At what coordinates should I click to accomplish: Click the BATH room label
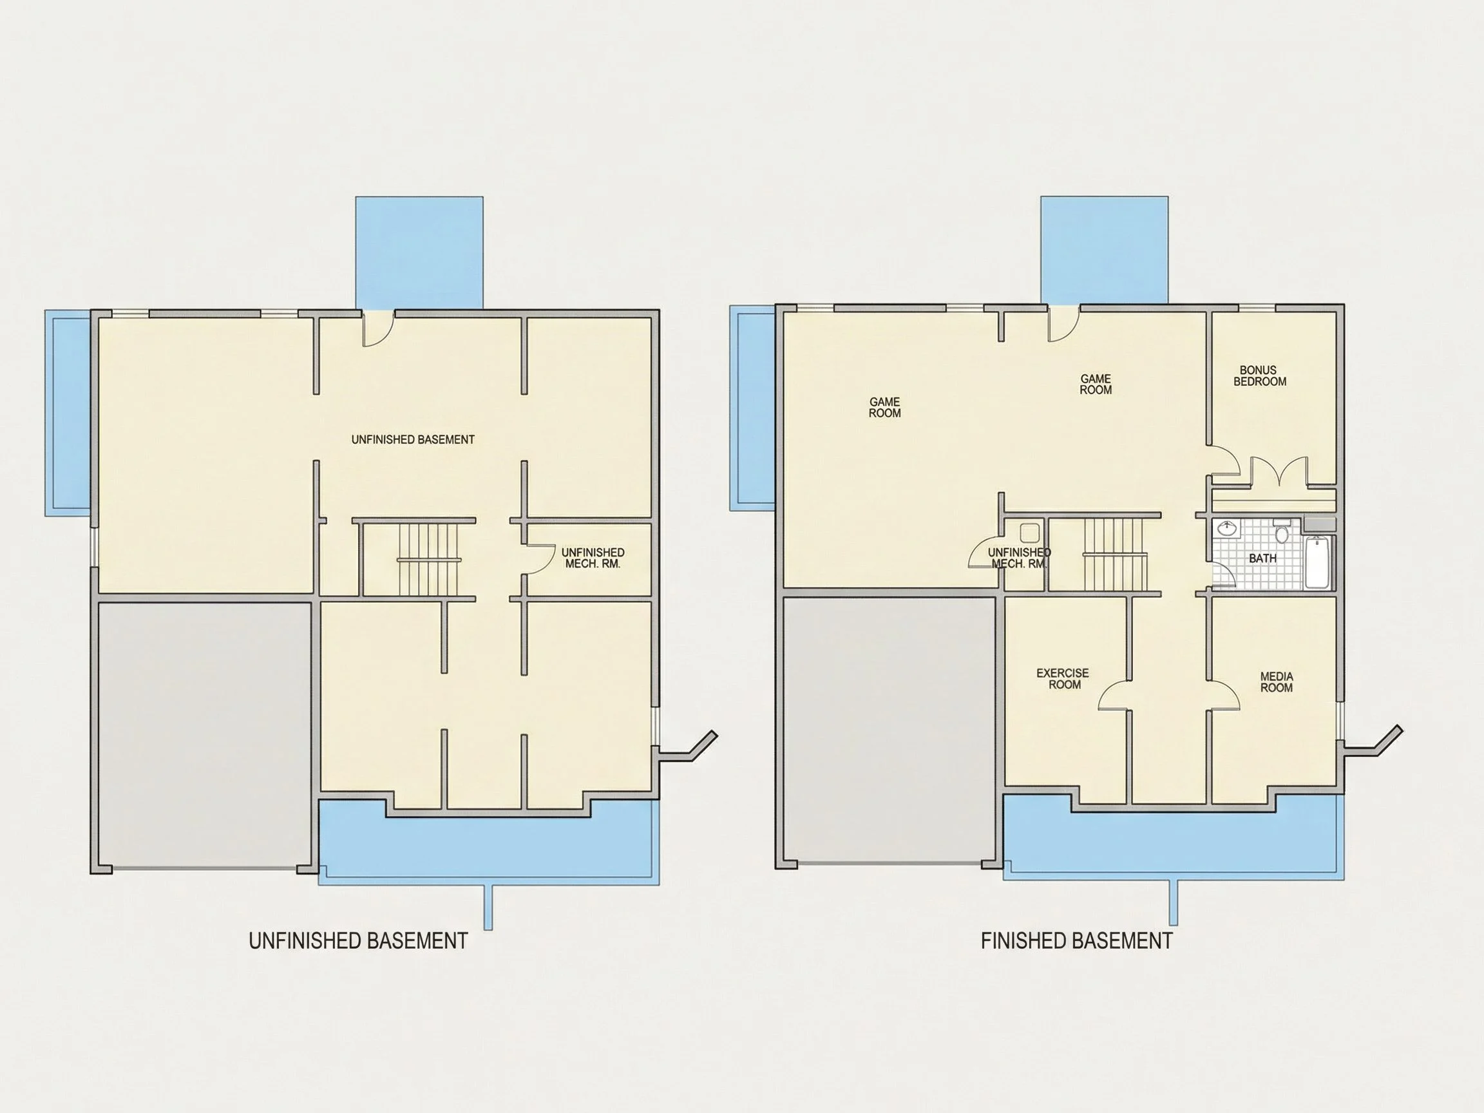[1262, 558]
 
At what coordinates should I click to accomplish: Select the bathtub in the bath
[1318, 563]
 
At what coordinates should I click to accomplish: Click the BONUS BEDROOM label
[1259, 376]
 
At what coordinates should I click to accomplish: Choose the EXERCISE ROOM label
[1063, 678]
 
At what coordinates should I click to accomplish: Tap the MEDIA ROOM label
[1276, 681]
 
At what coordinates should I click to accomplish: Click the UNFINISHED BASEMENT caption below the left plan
[358, 940]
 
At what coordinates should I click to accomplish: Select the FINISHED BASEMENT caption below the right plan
[1077, 940]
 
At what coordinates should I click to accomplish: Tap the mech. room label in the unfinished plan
[593, 558]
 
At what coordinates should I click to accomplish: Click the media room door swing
[1224, 695]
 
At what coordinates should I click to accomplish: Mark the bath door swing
[1224, 574]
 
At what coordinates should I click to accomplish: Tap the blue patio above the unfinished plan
[419, 252]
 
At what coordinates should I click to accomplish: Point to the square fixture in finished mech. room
[1029, 533]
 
